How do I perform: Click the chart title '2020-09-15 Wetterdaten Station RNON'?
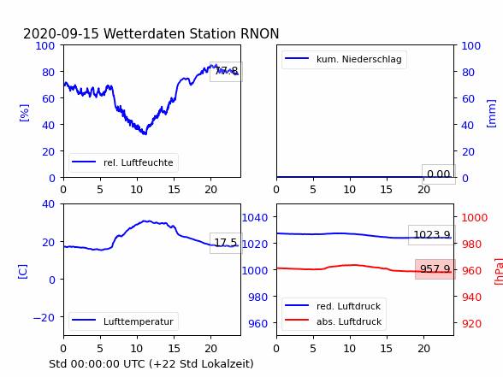point(151,33)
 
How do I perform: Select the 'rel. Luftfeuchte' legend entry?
point(123,162)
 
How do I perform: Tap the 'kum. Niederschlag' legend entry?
point(344,59)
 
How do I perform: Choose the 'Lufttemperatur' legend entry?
point(123,321)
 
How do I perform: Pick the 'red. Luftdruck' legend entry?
point(334,306)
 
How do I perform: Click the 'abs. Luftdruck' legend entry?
point(334,321)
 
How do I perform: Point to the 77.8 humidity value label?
point(226,71)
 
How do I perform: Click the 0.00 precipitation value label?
point(439,174)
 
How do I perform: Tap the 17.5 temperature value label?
point(226,243)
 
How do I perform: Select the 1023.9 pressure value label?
point(432,234)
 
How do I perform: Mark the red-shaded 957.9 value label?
point(435,268)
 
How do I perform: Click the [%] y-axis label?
point(24,113)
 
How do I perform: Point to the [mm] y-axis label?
point(491,114)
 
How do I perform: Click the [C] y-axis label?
point(23,272)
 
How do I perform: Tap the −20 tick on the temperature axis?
point(44,318)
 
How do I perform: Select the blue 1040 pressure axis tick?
point(255,218)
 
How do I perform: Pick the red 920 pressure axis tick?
point(471,323)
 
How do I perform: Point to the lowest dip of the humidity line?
point(145,133)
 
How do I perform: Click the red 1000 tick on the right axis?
point(475,218)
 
